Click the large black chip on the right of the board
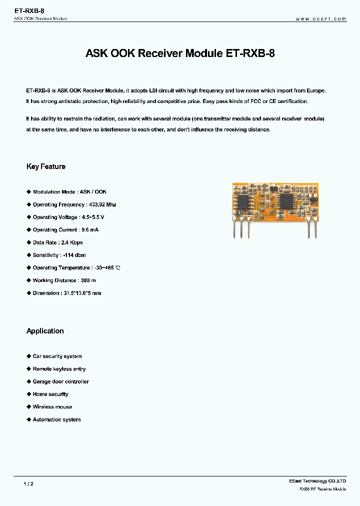(286, 200)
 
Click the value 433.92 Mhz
(102, 204)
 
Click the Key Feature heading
(46, 166)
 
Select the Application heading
(45, 331)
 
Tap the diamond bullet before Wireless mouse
(28, 407)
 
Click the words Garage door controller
(60, 381)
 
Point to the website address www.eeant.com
(321, 18)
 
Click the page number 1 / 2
(28, 484)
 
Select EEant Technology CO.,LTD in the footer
(317, 481)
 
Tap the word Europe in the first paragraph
(315, 91)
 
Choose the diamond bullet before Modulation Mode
(28, 192)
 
